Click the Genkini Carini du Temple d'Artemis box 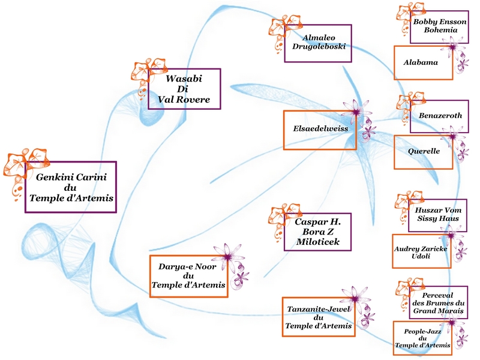(70, 187)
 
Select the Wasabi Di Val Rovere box (184, 89)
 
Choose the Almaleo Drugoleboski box (318, 43)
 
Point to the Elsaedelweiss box (320, 129)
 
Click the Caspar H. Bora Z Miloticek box (318, 232)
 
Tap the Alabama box (421, 62)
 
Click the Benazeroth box (439, 116)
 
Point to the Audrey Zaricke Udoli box (421, 251)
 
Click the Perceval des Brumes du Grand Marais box (438, 302)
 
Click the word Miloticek (317, 241)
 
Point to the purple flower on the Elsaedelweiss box (357, 114)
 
